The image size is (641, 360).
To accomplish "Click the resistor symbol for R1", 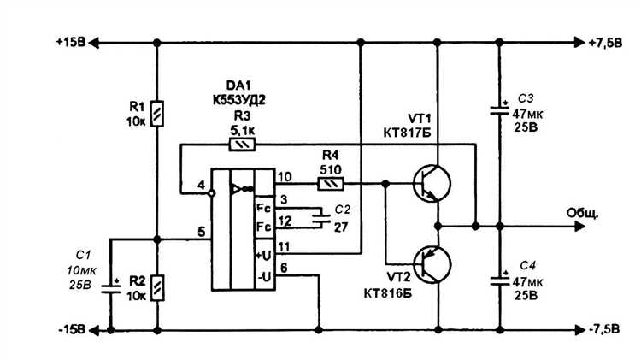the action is coord(157,114).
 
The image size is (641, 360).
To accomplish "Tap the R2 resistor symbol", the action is coord(157,288).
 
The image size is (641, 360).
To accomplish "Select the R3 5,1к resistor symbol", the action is coord(242,145).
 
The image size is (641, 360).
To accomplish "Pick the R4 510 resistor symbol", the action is coord(331,184).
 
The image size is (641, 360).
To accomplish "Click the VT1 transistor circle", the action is coord(432,183).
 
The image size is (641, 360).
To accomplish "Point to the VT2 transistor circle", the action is coord(432,265).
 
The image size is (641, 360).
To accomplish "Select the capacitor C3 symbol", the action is coord(499,109).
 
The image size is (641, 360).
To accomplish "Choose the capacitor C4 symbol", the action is coord(499,279).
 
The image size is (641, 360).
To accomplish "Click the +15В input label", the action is coord(71,43).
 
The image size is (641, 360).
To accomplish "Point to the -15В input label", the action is coord(72,330).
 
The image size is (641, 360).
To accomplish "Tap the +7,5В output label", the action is coord(605,43).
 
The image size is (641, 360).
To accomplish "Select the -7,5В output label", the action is coord(604,329).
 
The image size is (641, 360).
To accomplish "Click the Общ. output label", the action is coord(583,213).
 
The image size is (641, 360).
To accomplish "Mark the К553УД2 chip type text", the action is coord(239,100).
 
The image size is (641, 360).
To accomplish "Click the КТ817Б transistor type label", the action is coord(407,133).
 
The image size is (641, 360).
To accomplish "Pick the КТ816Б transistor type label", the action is coord(388,293).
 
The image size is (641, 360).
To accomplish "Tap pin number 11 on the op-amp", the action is coord(284,246).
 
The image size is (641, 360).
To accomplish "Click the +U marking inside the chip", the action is coord(264,256).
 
